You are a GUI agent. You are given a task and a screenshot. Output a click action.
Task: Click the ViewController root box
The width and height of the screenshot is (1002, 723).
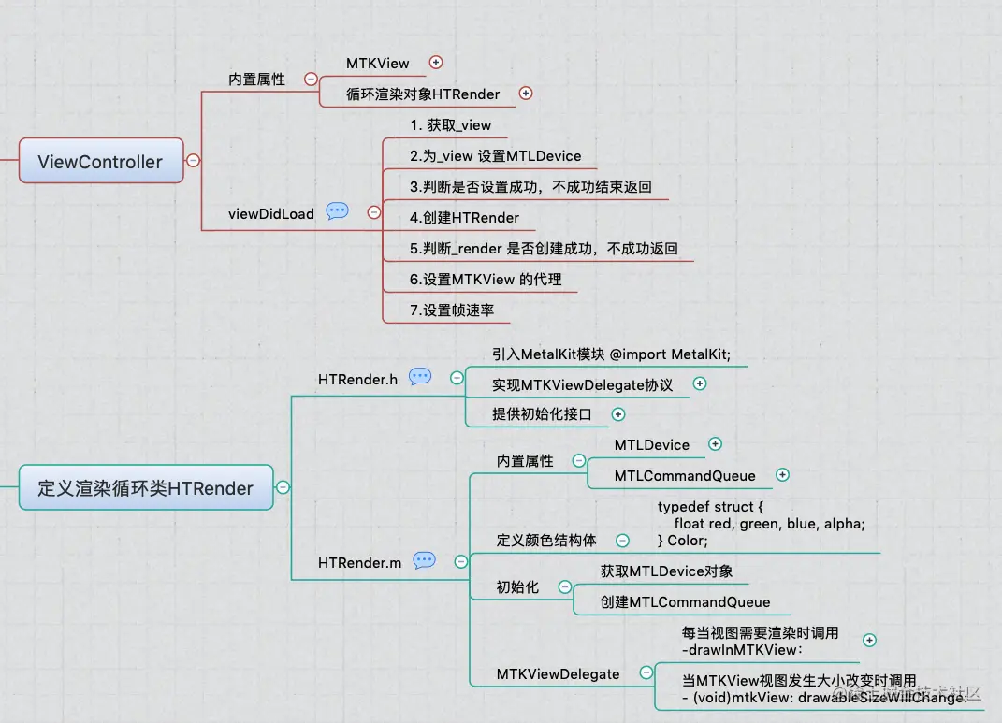101,161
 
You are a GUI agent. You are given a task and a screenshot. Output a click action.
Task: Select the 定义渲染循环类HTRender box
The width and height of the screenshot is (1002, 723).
146,487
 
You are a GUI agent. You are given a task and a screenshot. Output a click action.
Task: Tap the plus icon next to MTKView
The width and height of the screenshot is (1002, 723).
435,63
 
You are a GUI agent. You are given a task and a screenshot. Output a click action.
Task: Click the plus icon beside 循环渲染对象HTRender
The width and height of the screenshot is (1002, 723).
525,93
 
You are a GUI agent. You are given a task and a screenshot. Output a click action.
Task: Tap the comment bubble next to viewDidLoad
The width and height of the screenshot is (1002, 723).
337,212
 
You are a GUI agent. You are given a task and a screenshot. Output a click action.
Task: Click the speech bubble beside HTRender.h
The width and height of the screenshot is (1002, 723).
420,377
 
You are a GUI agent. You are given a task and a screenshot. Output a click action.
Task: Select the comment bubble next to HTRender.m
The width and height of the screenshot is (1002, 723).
424,560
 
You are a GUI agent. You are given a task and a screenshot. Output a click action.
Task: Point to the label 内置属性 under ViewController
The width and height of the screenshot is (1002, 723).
257,80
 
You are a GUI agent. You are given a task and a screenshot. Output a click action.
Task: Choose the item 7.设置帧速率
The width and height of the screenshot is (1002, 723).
452,310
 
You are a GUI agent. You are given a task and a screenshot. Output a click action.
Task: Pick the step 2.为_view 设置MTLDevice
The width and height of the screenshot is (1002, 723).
495,155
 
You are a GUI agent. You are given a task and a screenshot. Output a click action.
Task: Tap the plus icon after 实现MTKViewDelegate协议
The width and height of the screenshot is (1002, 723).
699,383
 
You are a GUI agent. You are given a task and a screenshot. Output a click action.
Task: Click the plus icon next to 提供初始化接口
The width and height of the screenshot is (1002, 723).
617,413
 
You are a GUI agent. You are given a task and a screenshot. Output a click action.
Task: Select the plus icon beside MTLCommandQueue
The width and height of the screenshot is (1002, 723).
782,475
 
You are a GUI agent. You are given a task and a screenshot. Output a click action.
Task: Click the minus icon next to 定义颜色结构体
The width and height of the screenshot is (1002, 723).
622,540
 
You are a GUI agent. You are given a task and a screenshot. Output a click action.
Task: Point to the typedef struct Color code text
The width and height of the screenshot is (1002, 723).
761,524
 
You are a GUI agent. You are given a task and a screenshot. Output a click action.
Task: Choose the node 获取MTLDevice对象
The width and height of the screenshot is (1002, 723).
666,571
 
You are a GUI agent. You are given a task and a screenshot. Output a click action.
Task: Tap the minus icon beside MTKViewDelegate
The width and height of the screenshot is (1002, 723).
646,672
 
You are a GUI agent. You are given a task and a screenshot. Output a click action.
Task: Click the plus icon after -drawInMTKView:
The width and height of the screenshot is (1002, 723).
869,640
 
